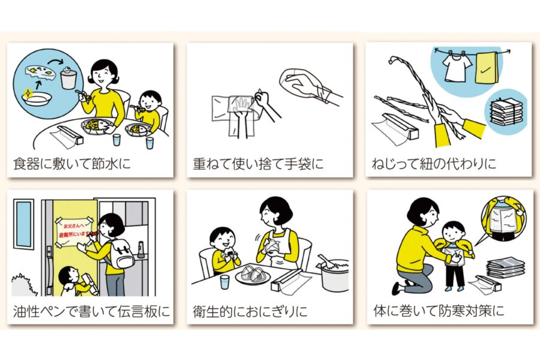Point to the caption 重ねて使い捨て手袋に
258,163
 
